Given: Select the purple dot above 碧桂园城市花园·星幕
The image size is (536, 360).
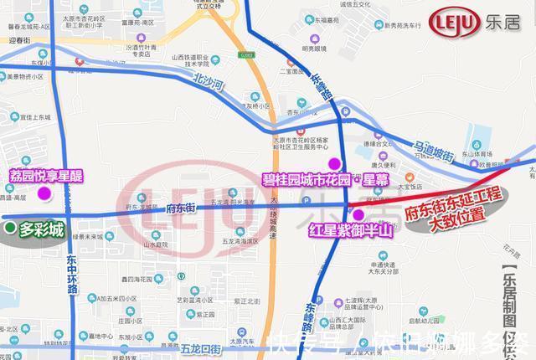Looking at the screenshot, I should pos(334,163).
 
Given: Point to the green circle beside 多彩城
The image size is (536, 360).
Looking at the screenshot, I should pos(9,227).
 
